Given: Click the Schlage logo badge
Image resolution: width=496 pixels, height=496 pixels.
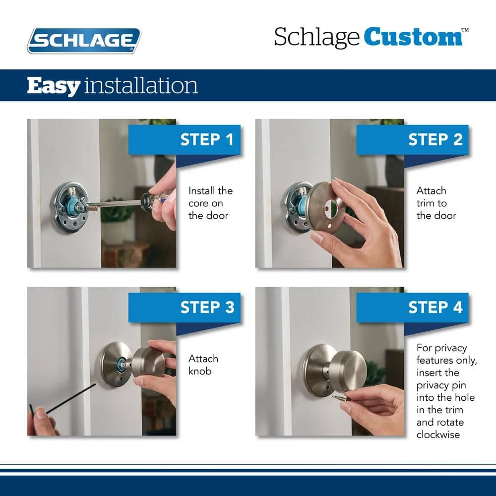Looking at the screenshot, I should tap(84, 40).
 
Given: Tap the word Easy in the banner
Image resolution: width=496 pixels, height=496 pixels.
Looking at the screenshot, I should tap(53, 85).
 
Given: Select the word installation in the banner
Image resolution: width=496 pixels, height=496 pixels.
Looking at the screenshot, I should tap(141, 85).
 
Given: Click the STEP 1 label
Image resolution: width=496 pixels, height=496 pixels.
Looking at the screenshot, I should tap(206, 139).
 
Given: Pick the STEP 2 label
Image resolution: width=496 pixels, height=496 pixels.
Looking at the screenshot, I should tap(435, 139).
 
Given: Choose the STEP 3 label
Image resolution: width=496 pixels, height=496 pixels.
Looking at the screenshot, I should tap(207, 308).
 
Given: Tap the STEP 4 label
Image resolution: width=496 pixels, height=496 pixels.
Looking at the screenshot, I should tap(435, 308).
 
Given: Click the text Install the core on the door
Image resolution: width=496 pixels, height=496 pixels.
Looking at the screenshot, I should tap(210, 203).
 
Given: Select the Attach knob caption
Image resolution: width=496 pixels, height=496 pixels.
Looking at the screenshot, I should tap(203, 365).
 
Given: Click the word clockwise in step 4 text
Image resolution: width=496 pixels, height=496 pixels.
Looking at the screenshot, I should tap(438, 434).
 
